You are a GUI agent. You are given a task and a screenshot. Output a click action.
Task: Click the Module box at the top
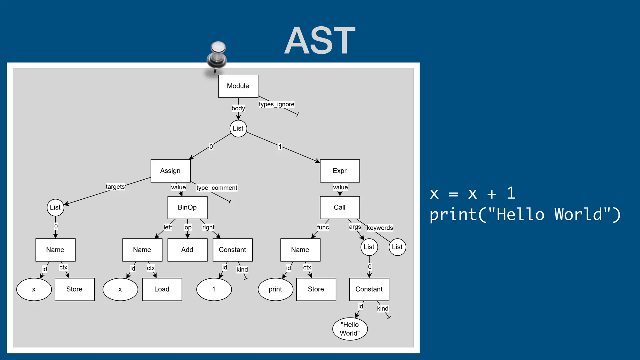238,86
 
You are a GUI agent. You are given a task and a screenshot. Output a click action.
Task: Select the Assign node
170,171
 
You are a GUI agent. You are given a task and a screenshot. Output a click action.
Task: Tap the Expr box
340,171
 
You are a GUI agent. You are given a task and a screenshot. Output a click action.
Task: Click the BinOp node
187,207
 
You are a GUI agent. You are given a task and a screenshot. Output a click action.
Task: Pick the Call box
340,207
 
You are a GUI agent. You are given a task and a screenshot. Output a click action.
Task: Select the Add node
187,250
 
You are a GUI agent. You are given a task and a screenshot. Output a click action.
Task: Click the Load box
162,289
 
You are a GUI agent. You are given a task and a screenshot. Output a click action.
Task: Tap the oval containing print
275,289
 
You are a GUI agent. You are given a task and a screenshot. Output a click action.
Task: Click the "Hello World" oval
350,329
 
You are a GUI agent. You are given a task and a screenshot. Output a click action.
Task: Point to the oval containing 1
214,289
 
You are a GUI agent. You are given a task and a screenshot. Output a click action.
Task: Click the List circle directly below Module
238,128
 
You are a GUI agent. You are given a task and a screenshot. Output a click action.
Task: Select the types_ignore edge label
277,104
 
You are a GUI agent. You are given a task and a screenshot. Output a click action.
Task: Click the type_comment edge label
217,188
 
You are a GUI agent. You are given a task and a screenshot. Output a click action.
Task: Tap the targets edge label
115,187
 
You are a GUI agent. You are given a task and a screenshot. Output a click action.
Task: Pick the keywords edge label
380,228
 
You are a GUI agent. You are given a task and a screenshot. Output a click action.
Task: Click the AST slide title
320,41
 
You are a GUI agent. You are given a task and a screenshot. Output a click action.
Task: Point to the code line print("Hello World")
525,215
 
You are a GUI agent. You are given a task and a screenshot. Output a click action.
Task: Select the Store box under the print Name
316,289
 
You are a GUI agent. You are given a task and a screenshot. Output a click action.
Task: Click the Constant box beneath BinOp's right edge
232,250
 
